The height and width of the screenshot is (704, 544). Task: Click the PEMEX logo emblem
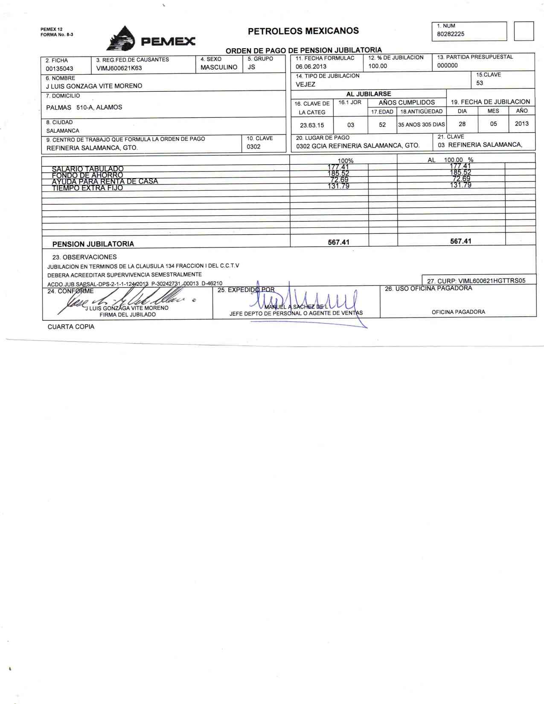tap(121, 39)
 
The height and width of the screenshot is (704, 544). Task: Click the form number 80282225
tap(451, 34)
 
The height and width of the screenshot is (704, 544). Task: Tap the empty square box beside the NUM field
tap(524, 31)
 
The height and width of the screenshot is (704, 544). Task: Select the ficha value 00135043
tap(59, 69)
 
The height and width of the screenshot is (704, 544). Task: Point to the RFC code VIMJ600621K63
tap(119, 68)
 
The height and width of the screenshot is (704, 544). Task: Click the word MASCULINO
tap(219, 67)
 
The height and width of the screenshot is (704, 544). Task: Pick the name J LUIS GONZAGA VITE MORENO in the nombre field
tap(94, 86)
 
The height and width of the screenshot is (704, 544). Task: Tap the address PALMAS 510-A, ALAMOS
tap(84, 108)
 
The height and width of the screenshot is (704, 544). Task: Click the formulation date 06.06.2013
tap(311, 67)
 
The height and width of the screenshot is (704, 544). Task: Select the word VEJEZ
tap(305, 84)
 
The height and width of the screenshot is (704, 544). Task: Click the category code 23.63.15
tap(312, 125)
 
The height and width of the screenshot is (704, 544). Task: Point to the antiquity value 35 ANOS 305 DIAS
tap(421, 125)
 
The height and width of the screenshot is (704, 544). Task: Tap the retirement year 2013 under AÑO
tap(521, 124)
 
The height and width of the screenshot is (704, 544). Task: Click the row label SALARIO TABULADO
tap(87, 169)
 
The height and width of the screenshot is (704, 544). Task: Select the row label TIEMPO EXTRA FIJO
tap(87, 188)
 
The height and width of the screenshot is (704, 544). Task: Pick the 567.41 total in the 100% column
tap(338, 242)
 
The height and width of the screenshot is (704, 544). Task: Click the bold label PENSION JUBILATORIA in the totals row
tap(93, 244)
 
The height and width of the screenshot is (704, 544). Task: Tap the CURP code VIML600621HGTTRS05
tap(492, 281)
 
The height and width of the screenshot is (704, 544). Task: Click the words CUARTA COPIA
tap(71, 327)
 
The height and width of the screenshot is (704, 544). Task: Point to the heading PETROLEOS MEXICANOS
tap(303, 31)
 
